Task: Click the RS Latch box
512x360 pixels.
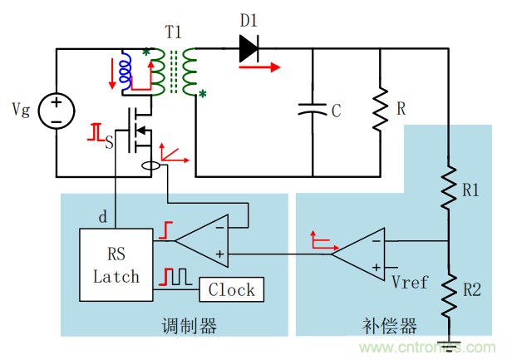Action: click(x=116, y=264)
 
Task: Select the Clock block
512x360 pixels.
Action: click(x=231, y=289)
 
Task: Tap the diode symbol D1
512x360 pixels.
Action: click(x=249, y=49)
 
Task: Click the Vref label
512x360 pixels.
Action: click(x=409, y=282)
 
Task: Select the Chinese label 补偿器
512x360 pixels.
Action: click(x=389, y=325)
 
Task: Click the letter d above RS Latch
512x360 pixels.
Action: click(x=102, y=217)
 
